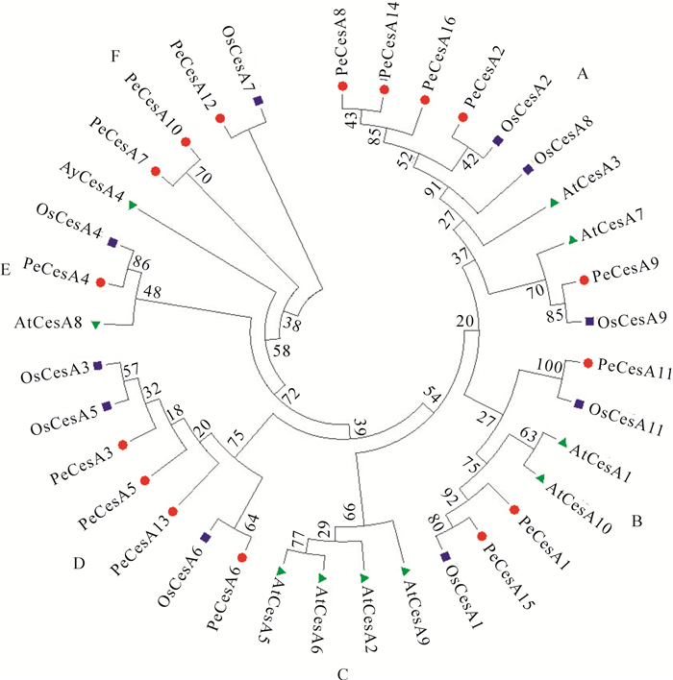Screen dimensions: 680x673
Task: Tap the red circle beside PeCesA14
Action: [385, 89]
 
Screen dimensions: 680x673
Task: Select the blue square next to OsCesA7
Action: [258, 101]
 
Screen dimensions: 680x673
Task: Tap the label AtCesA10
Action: [580, 499]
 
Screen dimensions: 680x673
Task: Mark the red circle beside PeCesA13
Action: [174, 511]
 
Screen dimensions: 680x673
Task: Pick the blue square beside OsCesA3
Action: [98, 366]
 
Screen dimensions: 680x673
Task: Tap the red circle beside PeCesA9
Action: [583, 280]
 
